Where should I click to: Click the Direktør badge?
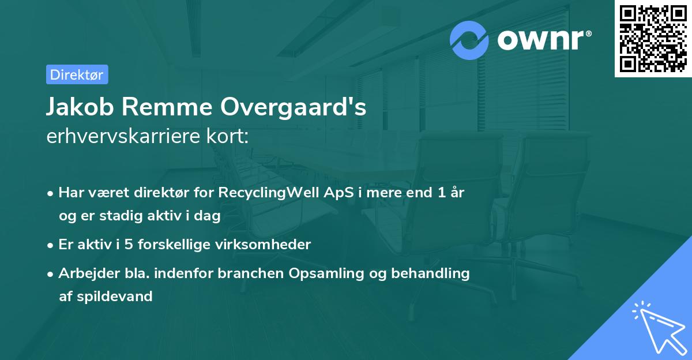click(x=77, y=74)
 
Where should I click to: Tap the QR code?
click(x=653, y=39)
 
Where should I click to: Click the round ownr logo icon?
click(x=469, y=40)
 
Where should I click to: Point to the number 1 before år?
click(x=441, y=193)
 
